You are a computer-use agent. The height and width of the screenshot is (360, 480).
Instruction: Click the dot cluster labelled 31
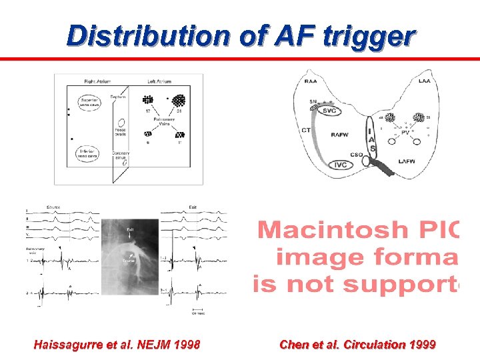pyautogui.click(x=177, y=101)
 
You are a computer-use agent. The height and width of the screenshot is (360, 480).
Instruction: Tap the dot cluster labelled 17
pyautogui.click(x=147, y=101)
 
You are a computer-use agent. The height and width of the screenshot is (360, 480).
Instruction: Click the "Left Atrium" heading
pyautogui.click(x=159, y=81)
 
